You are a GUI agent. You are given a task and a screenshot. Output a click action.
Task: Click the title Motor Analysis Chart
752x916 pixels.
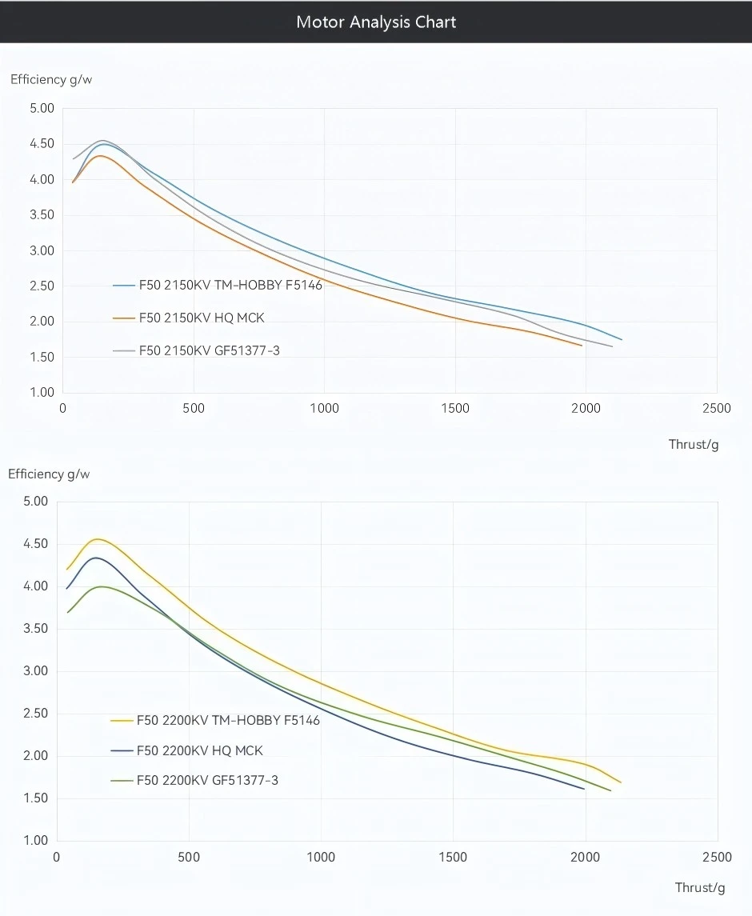376,22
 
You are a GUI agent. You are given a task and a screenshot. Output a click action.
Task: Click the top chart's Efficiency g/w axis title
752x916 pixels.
46,79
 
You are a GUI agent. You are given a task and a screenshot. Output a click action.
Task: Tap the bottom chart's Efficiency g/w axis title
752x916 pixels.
49,474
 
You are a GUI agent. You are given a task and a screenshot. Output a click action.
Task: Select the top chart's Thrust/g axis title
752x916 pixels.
694,444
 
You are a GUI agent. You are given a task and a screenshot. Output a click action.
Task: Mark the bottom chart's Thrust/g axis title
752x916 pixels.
700,886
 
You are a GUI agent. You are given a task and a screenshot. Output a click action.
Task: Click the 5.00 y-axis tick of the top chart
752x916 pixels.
41,108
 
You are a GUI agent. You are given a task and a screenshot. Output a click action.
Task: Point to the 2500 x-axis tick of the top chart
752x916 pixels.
716,408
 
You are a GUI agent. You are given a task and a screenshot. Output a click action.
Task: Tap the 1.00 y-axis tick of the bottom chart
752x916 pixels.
36,840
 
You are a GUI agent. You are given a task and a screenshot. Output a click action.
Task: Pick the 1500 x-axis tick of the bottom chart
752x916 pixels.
453,857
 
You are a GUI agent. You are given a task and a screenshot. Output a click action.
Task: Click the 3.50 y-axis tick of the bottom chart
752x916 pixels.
36,628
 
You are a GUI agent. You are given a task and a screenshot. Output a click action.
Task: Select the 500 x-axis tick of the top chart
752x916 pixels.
194,408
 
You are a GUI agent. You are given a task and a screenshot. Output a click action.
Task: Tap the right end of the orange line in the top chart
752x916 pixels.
582,346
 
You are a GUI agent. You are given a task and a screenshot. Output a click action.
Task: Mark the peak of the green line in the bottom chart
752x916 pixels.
102,586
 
